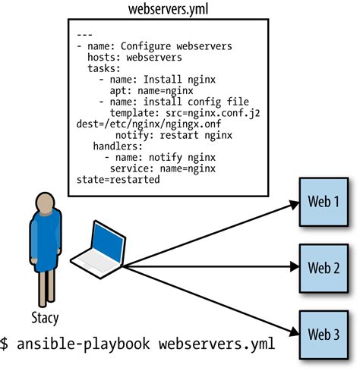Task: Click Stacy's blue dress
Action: click(x=45, y=243)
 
